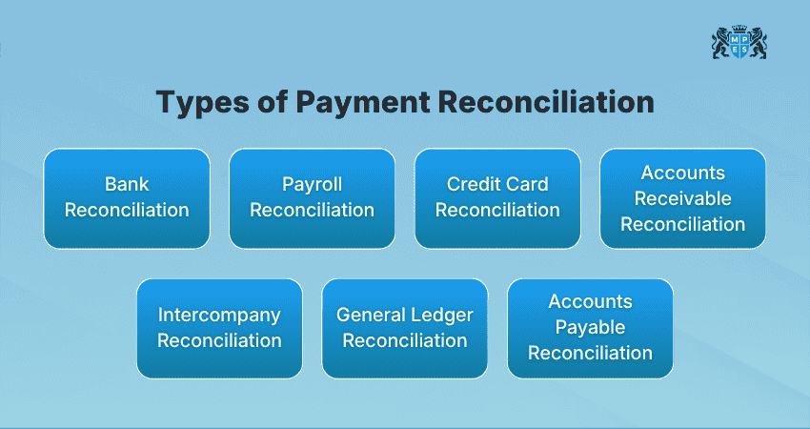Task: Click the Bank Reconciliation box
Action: [127, 198]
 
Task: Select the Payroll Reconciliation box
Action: [312, 198]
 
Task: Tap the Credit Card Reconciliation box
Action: [497, 198]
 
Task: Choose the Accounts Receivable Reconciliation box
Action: [682, 198]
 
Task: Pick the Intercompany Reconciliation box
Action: [219, 328]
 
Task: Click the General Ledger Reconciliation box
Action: [405, 328]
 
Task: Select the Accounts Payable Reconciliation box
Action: [590, 328]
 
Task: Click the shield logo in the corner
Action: [739, 43]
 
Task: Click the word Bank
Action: [127, 185]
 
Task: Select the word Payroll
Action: [312, 185]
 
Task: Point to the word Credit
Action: [471, 185]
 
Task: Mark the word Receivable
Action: [682, 198]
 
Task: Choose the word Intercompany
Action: [219, 315]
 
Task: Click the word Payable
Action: [590, 327]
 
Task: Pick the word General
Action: [371, 315]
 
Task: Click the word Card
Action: [527, 185]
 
